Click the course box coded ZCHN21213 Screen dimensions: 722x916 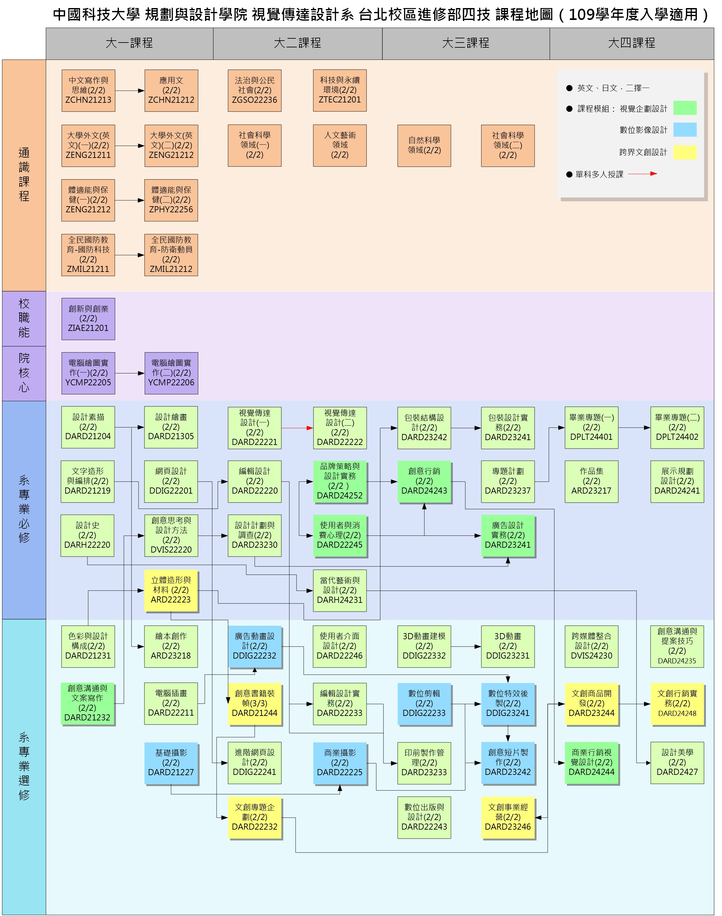[88, 91]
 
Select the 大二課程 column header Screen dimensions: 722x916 [298, 43]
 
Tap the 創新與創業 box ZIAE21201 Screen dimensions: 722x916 [88, 319]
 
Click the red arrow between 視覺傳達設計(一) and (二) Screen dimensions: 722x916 [297, 428]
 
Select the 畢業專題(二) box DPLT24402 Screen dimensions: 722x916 [677, 428]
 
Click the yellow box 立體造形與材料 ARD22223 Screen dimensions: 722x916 [171, 590]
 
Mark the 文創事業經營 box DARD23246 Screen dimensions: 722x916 [508, 817]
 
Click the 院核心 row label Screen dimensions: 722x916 [24, 373]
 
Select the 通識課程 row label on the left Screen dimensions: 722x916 [24, 175]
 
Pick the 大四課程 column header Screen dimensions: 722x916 [631, 43]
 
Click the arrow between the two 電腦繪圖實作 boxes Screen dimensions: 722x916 [130, 373]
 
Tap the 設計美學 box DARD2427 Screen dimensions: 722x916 [677, 763]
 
